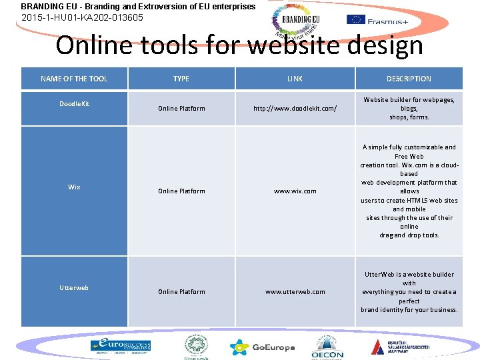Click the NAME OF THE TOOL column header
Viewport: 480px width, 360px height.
click(x=74, y=79)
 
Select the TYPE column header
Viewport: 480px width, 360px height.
click(x=181, y=79)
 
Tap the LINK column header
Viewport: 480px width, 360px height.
click(x=295, y=79)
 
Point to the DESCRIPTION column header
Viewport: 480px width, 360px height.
click(x=409, y=79)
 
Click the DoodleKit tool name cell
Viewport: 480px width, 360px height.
click(x=74, y=104)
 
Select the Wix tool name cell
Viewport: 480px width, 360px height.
click(x=74, y=187)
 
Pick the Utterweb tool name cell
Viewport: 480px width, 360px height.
click(x=74, y=287)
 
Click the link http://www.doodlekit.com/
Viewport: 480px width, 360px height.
click(x=295, y=109)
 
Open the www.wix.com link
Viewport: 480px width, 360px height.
click(x=295, y=191)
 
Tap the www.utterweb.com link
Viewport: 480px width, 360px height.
click(x=295, y=292)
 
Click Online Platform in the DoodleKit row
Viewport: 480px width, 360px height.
click(x=181, y=109)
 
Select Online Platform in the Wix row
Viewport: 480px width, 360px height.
click(x=181, y=191)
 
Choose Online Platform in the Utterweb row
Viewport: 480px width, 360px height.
click(x=181, y=292)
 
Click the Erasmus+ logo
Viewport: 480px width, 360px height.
click(x=378, y=20)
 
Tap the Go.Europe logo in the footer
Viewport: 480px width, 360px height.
click(x=262, y=347)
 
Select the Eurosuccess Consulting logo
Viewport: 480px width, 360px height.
click(x=121, y=346)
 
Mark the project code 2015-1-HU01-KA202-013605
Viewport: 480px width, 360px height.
click(x=83, y=17)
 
